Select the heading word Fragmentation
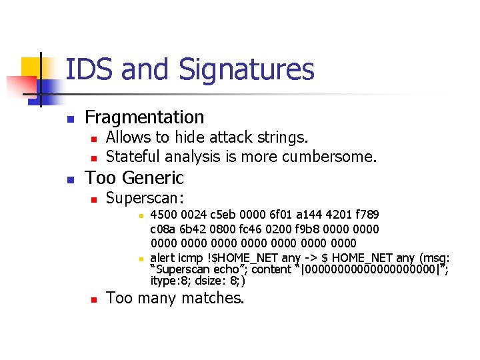point(145,117)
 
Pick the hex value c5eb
point(222,215)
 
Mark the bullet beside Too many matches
point(93,299)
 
